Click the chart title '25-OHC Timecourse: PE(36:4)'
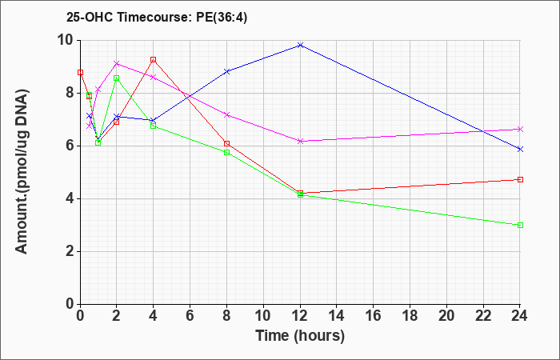157,18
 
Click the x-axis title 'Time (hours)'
300,336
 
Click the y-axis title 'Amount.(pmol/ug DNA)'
22,171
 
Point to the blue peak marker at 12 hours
300,46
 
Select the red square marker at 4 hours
154,60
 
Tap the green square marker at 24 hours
520,226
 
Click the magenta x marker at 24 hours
520,130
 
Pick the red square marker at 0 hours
80,73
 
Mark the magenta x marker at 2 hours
117,63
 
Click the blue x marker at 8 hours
226,71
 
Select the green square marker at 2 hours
117,78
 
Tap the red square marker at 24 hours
520,180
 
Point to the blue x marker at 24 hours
520,150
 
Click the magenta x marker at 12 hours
300,142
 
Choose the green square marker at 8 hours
226,153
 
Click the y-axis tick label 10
66,40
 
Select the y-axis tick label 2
70,251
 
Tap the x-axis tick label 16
374,316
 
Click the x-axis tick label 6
190,316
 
